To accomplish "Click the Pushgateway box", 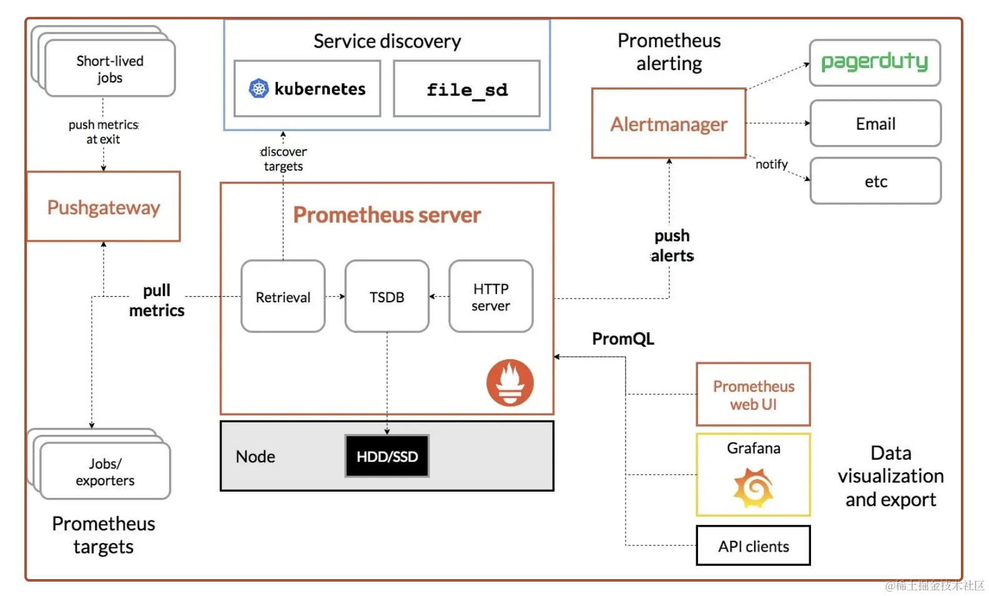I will [104, 207].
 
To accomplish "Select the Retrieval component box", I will [283, 297].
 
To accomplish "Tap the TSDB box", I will [386, 297].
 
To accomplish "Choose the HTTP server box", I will [491, 297].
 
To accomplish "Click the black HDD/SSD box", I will [386, 457].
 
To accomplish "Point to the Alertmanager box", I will [669, 124].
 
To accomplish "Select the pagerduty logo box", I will [875, 62].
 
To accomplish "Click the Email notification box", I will [875, 124].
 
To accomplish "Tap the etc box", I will [875, 181].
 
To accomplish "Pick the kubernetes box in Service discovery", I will [307, 89].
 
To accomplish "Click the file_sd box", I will [466, 89].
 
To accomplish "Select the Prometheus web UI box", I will [754, 395].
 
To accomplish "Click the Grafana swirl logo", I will [754, 488].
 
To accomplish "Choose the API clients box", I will [754, 546].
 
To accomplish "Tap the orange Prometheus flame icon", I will [510, 382].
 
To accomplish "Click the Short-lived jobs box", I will [110, 69].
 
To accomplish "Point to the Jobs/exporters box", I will [105, 472].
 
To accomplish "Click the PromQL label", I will [623, 339].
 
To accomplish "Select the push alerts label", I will [672, 246].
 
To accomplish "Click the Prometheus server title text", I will [387, 215].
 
